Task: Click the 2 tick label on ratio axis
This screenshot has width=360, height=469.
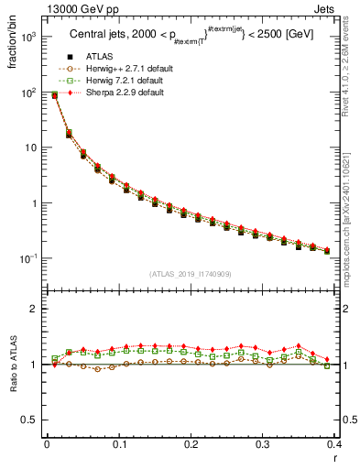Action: [33, 310]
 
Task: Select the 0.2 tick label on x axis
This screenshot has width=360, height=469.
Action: [191, 445]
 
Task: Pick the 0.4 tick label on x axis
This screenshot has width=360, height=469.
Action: [333, 445]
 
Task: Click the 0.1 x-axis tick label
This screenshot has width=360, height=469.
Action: [118, 445]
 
